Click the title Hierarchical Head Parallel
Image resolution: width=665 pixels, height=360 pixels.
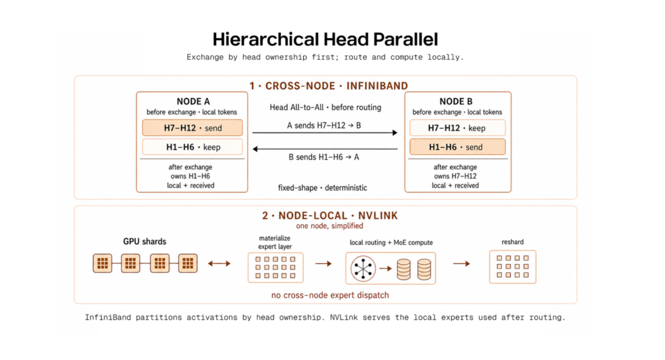325,39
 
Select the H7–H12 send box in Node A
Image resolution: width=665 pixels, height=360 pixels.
193,127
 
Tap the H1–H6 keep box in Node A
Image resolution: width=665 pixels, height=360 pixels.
193,146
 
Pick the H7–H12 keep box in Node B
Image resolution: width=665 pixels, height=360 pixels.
457,127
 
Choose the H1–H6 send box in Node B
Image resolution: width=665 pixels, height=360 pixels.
457,146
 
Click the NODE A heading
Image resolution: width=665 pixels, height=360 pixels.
193,102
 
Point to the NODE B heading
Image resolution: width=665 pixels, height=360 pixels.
456,102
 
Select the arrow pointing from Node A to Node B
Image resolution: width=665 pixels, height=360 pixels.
325,133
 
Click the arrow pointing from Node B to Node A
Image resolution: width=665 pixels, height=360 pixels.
325,149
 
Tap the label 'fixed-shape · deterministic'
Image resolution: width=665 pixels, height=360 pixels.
322,188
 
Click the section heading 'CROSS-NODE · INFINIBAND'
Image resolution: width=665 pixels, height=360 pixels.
337,86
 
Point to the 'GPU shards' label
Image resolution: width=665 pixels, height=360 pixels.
145,241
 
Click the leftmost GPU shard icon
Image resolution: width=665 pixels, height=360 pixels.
103,263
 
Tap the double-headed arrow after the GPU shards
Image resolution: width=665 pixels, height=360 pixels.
219,263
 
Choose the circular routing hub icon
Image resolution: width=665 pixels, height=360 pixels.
363,268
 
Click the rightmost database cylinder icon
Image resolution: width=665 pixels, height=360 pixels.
424,270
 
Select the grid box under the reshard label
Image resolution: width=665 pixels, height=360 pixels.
513,266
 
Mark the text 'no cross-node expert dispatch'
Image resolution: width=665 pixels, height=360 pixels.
330,295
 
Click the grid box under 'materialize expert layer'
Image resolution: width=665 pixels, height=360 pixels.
276,268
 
